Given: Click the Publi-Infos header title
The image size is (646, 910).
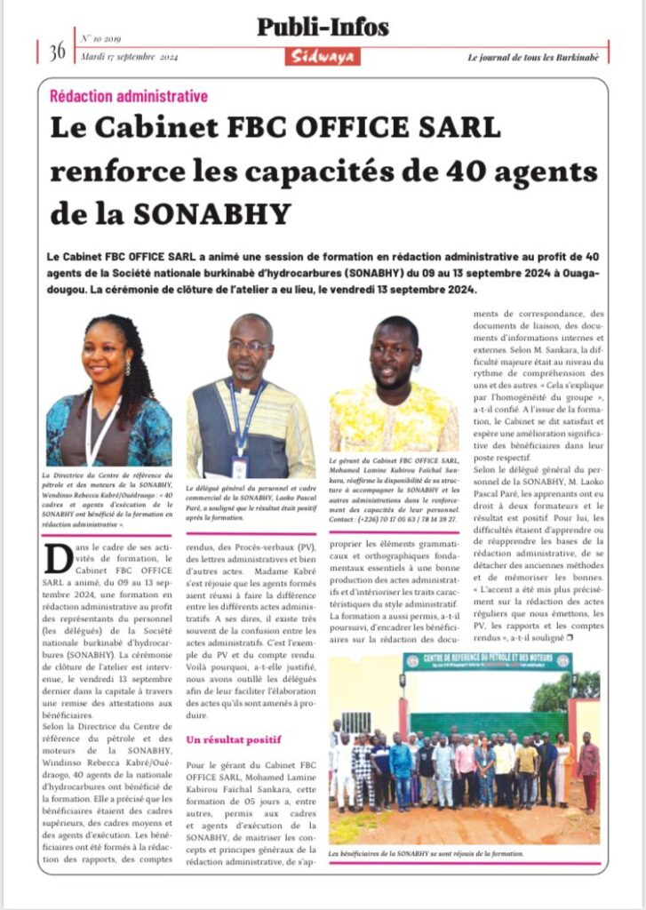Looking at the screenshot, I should (323, 28).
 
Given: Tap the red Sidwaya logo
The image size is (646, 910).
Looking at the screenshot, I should (323, 56).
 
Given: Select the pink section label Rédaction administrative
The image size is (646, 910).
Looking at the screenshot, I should (129, 95).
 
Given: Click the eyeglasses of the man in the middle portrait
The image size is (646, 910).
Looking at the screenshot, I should (249, 346).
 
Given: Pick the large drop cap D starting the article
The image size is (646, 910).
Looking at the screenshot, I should (59, 559).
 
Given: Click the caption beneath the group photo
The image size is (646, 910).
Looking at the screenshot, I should (426, 853).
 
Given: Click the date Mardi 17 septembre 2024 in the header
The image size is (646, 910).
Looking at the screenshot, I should (131, 59).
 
